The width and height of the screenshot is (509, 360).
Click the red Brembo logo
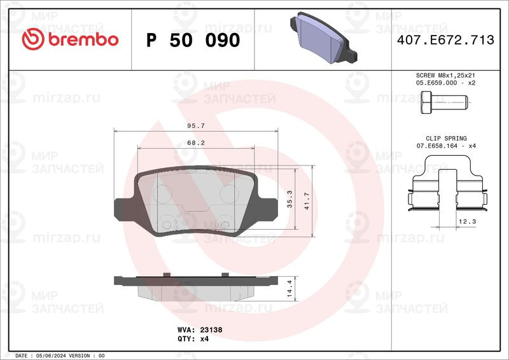pos(70,39)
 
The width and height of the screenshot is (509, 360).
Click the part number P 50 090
pos(193,40)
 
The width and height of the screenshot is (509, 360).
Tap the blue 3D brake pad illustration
pos(323,38)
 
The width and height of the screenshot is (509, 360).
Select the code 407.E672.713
pos(445,40)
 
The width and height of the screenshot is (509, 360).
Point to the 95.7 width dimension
pos(196,126)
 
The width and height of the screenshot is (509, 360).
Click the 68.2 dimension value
pos(196,142)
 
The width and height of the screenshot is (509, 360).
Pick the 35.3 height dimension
pos(289,199)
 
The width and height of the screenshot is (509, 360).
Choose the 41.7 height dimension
pos(307,201)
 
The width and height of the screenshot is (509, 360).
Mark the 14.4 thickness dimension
pos(289,289)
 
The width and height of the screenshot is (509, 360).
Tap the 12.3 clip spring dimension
pos(467,221)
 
